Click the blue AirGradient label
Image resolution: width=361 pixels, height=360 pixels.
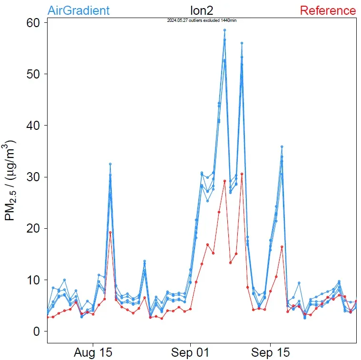point(78,10)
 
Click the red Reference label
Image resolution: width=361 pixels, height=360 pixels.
point(328,10)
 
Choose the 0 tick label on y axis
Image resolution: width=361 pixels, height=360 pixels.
point(37,331)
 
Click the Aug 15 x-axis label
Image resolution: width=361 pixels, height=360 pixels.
point(93,353)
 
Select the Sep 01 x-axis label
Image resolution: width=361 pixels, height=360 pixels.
point(190,353)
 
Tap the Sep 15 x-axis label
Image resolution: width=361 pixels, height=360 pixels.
point(270,353)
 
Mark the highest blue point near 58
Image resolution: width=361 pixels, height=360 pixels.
point(224,30)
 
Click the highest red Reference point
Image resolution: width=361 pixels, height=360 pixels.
point(242,174)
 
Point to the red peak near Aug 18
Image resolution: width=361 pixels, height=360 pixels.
point(110,233)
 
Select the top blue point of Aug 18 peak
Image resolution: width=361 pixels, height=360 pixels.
point(110,164)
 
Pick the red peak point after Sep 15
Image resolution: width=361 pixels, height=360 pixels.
point(282,247)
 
